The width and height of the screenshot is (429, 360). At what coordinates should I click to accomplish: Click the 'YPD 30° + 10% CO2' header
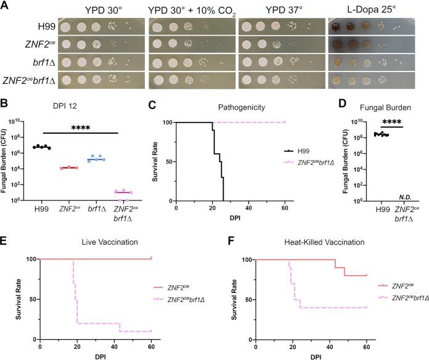(x=190, y=11)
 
